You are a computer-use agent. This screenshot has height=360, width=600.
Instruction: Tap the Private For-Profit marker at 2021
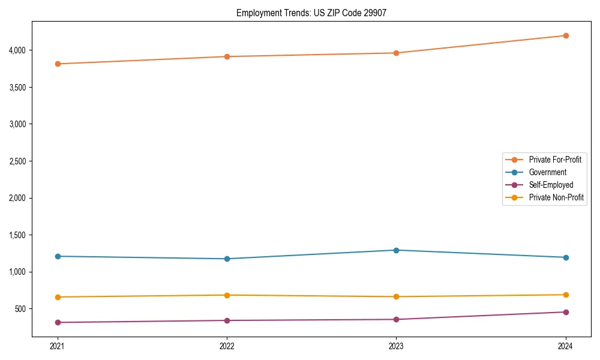58,64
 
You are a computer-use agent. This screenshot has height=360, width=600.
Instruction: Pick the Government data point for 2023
397,250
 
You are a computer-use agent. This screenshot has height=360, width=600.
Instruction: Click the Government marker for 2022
227,259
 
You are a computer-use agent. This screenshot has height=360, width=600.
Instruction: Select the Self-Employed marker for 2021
58,322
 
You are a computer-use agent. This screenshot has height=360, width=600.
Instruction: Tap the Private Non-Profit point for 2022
227,295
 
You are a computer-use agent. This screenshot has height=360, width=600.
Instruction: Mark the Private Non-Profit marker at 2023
397,296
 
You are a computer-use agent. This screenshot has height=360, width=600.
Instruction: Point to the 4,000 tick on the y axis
17,50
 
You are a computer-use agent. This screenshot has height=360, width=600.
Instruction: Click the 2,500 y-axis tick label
17,161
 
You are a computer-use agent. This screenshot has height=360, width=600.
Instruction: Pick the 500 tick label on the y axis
20,308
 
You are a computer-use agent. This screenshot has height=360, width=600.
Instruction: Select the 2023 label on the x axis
397,346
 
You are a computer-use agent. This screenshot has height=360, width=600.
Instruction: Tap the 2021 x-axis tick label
58,346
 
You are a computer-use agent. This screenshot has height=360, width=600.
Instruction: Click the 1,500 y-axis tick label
17,235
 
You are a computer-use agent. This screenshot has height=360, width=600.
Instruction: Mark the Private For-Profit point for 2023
397,53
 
